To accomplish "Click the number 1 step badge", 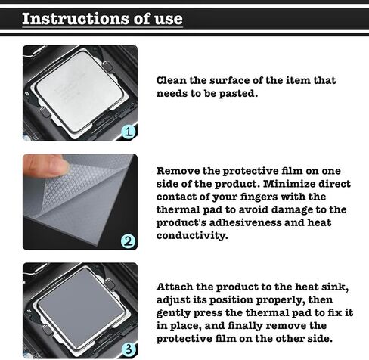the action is point(129,132).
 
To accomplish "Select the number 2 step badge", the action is point(129,241).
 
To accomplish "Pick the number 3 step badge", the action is point(129,349).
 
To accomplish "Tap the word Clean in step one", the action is point(172,81).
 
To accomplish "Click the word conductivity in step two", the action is point(192,236).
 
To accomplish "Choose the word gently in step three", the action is point(173,313).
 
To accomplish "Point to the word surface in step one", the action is point(230,81).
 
